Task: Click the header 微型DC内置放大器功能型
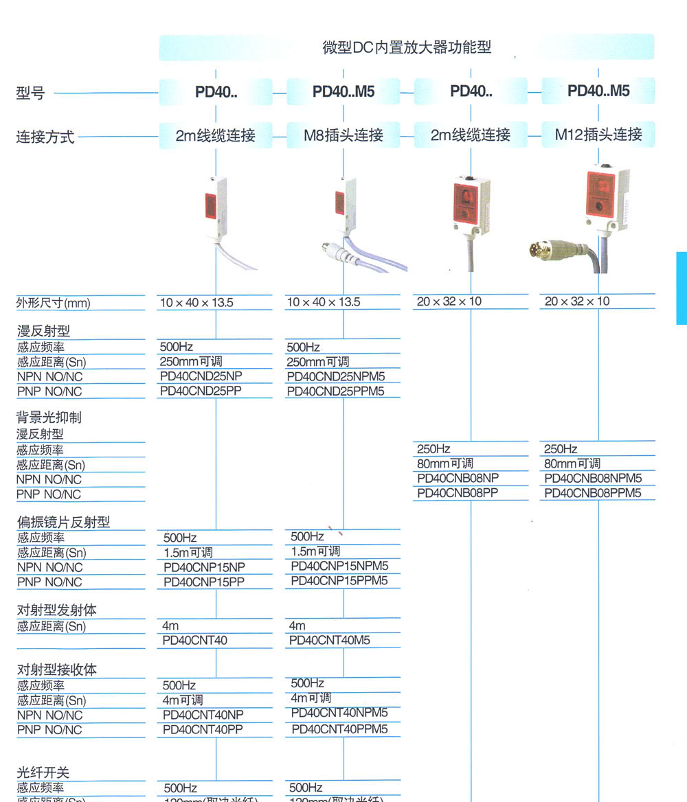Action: [407, 47]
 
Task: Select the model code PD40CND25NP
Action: [201, 376]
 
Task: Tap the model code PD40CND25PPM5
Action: [335, 392]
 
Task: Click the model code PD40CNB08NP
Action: [458, 479]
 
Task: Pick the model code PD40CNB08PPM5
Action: [592, 494]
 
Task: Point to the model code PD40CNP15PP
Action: [204, 582]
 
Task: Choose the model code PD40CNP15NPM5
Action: [339, 566]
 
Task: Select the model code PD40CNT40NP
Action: [203, 715]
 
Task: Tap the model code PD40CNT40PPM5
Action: [339, 729]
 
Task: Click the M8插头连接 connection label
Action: [343, 135]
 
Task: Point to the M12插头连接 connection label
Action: [598, 135]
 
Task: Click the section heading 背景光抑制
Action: [49, 417]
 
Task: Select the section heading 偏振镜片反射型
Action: [63, 523]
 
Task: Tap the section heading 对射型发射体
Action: [56, 610]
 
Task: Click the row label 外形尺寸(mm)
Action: [53, 303]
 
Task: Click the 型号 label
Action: [30, 93]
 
